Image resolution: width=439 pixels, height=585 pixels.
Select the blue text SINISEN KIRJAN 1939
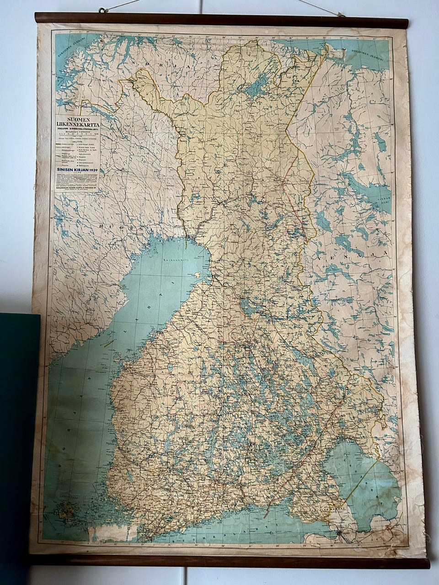[76, 170]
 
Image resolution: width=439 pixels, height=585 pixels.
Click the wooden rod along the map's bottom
[229, 561]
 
